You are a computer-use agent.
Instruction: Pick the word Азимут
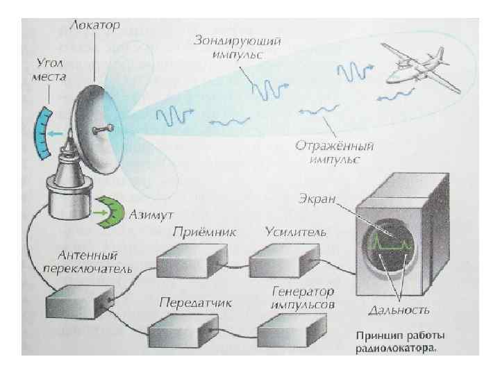[150, 210]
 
